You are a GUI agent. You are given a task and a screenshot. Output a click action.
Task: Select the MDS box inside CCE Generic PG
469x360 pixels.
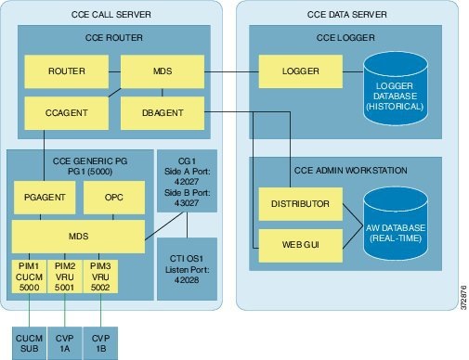click(79, 237)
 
